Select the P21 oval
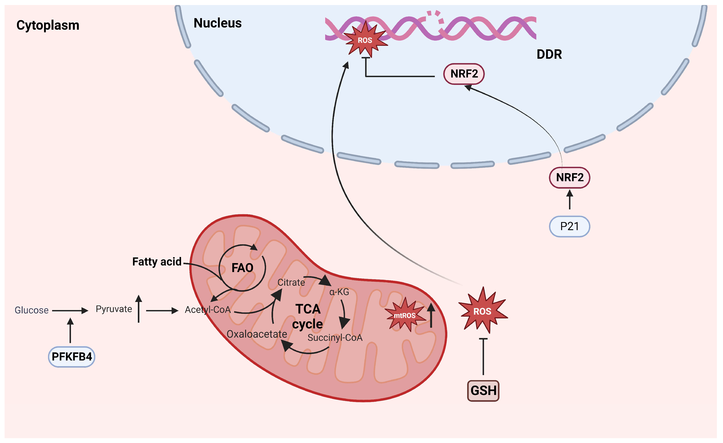click(569, 226)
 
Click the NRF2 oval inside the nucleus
click(464, 74)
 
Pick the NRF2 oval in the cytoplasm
click(569, 178)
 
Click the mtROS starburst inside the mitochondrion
click(405, 315)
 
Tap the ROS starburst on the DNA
click(365, 40)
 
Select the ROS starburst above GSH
click(482, 311)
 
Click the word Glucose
click(31, 310)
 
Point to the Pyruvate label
click(114, 309)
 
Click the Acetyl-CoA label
click(208, 310)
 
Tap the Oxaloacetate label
click(257, 334)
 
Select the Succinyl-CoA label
click(335, 338)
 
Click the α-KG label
click(339, 292)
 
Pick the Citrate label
click(291, 282)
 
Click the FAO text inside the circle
click(242, 268)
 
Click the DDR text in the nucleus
click(549, 54)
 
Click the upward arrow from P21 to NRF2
click(569, 200)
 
